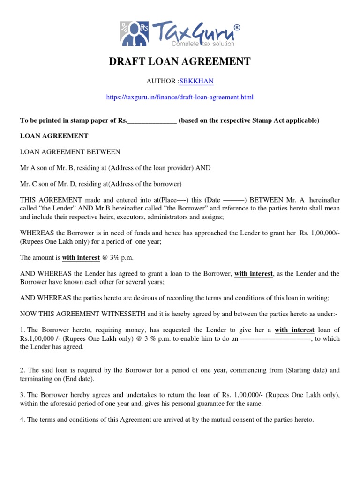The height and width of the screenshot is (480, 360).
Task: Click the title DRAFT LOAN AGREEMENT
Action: pyautogui.click(x=180, y=61)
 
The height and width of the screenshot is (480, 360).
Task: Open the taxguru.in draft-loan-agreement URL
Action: pyautogui.click(x=180, y=97)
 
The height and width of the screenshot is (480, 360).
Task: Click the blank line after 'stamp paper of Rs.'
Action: pyautogui.click(x=152, y=121)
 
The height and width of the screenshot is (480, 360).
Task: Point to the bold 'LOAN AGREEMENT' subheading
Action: pyautogui.click(x=54, y=136)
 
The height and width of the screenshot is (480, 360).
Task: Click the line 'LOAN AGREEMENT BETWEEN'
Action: pyautogui.click(x=70, y=152)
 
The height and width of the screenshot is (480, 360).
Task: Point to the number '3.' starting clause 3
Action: pyautogui.click(x=22, y=395)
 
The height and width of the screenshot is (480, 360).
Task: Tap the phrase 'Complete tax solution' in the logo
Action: pyautogui.click(x=203, y=44)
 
